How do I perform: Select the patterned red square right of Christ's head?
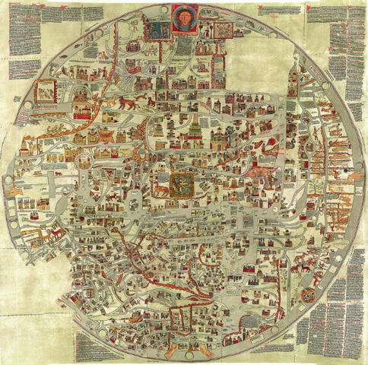[x=223, y=29]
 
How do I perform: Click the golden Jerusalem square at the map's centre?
[x=182, y=183]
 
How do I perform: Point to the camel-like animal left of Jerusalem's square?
[x=161, y=184]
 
